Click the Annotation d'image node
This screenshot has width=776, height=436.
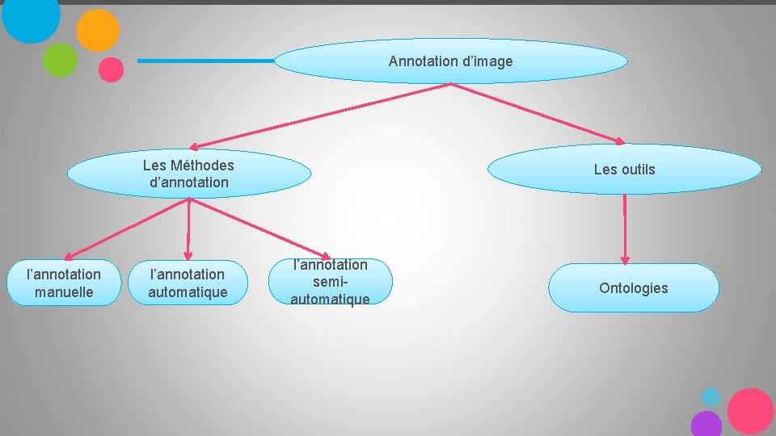[450, 61]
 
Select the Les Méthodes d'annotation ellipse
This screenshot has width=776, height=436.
[188, 174]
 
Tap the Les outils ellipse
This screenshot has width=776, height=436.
[624, 170]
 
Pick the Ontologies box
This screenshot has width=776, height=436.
[633, 288]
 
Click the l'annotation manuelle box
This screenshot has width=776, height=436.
[64, 283]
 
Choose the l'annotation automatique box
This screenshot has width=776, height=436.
[188, 283]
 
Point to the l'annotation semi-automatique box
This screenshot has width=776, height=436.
[330, 282]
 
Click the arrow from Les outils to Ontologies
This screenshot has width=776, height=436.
[624, 228]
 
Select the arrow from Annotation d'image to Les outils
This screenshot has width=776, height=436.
[541, 113]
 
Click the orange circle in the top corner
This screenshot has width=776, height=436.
[98, 31]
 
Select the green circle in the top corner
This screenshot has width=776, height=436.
[60, 60]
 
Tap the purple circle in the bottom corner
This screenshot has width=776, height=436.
[706, 424]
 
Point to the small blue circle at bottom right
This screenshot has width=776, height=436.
[711, 397]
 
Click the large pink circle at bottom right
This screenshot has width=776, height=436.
[750, 411]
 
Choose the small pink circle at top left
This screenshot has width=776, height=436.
[111, 69]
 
